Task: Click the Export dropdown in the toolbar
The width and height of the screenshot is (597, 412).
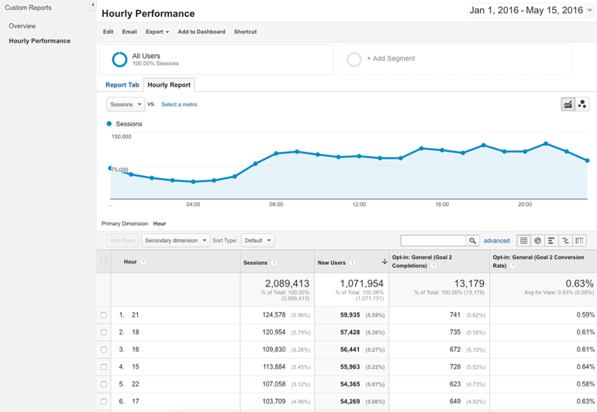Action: pos(157,32)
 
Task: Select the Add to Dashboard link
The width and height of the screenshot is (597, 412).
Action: pos(201,32)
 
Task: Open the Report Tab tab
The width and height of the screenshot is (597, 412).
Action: pos(122,85)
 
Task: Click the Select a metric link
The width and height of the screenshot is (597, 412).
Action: pos(179,105)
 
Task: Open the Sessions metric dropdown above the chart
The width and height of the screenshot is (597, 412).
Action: pos(126,105)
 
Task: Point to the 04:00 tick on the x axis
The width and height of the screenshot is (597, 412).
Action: pos(193,204)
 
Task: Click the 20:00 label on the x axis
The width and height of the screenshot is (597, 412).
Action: pos(525,204)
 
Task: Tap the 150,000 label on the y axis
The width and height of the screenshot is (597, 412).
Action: pos(122,137)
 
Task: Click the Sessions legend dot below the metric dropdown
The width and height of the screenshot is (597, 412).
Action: pos(109,124)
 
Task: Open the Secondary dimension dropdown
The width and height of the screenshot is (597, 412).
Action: pos(175,241)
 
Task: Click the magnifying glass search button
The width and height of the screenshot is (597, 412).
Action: pos(472,241)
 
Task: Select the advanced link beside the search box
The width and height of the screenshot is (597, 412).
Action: pos(496,241)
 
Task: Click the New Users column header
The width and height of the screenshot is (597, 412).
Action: pos(332,263)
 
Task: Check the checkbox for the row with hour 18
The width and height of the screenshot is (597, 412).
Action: pos(104,332)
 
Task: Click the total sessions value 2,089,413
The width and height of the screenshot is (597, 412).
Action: pos(287,284)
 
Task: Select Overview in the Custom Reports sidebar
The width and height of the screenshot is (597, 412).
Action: pos(22,26)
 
